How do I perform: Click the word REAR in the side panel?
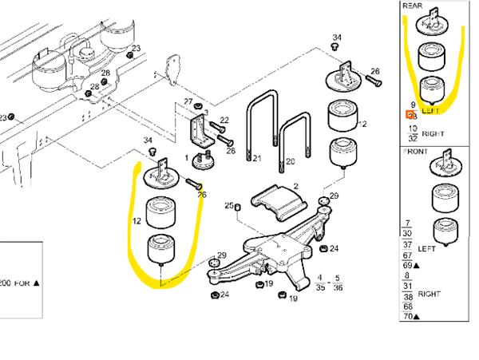(x=412, y=6)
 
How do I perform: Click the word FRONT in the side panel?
(x=416, y=150)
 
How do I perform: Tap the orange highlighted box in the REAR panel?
(x=411, y=115)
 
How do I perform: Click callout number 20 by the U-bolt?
(x=290, y=161)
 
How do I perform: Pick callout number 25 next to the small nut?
(x=228, y=206)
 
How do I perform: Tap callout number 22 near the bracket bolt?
(x=224, y=121)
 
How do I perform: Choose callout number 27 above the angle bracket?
(x=188, y=101)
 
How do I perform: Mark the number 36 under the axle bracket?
(x=338, y=287)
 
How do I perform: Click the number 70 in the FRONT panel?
(x=410, y=317)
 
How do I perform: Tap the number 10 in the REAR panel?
(x=412, y=128)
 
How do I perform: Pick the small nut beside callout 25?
(x=239, y=208)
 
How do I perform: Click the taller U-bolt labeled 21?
(x=259, y=128)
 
